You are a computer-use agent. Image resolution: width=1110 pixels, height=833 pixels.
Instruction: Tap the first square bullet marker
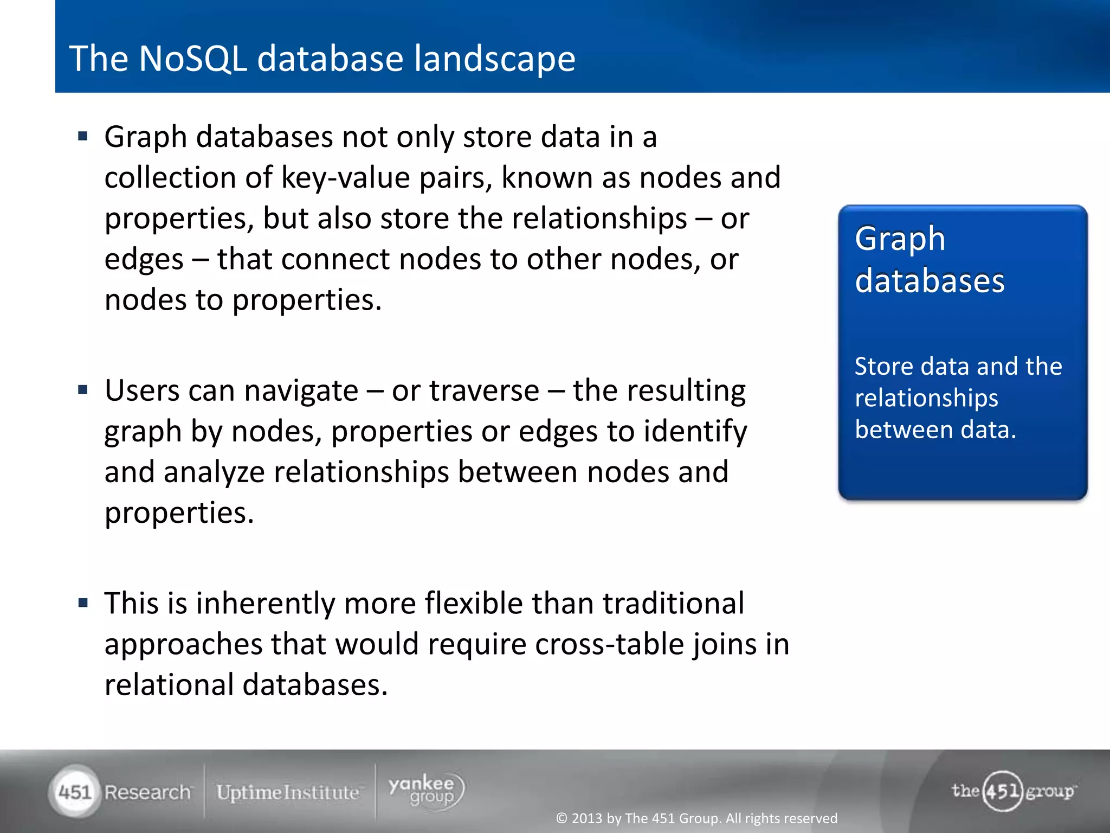point(83,136)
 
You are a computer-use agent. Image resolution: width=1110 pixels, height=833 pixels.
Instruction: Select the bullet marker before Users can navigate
point(83,389)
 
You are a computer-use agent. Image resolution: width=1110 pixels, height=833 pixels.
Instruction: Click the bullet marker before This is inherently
point(83,603)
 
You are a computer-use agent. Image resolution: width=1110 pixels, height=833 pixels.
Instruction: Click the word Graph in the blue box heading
point(900,239)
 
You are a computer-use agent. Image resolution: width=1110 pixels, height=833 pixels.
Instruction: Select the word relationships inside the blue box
point(926,398)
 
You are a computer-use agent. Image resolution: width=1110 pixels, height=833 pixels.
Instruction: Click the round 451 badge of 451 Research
point(75,792)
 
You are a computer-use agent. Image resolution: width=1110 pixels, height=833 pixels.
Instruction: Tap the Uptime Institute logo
point(288,792)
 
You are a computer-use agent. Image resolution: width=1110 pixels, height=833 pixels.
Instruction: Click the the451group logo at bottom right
point(1013,791)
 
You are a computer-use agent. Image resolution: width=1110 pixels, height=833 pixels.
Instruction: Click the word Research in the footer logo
point(147,792)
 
